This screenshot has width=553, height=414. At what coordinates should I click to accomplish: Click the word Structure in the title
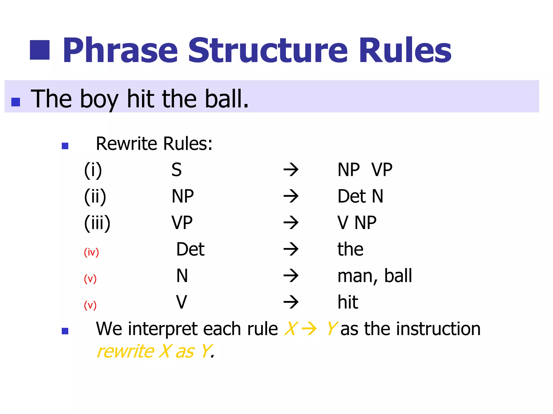267,50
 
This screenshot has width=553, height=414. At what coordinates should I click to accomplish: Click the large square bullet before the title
40,50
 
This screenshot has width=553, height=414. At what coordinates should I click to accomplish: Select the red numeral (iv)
91,252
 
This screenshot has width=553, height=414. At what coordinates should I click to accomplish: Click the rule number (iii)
97,223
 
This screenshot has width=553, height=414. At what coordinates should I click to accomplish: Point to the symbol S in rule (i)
177,170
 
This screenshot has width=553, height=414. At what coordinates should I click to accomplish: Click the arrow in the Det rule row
291,249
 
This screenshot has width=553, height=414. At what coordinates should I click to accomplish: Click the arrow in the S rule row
291,170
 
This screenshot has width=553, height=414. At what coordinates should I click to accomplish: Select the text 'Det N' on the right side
360,196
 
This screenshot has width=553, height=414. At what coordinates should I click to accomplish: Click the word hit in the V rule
348,302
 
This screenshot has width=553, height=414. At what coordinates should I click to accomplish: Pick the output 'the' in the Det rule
350,249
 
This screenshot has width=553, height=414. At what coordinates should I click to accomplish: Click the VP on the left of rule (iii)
182,223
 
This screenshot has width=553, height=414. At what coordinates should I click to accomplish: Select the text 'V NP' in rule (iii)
357,223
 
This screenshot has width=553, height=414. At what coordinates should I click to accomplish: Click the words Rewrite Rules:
154,144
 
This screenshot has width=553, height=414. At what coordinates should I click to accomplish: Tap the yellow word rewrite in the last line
125,351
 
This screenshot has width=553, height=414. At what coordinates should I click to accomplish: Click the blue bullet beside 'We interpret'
65,331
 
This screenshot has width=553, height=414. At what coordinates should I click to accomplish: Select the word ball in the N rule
398,276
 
